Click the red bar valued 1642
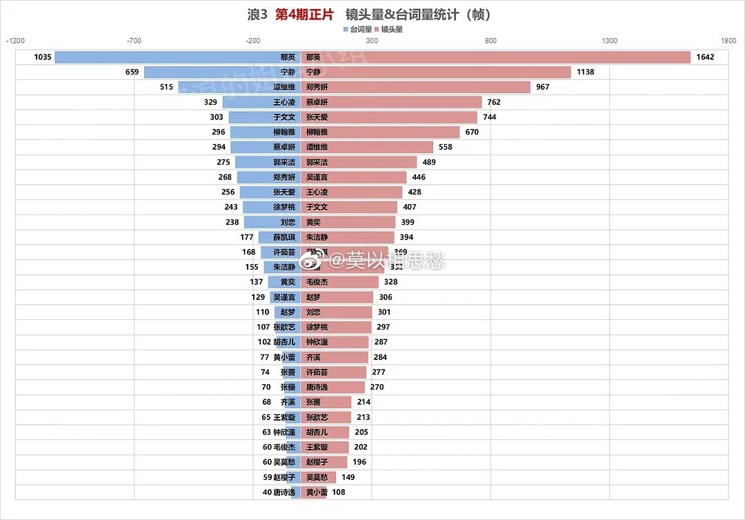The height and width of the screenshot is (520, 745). click(497, 57)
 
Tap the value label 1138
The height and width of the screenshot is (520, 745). click(585, 72)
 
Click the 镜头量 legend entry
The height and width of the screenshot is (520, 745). click(388, 30)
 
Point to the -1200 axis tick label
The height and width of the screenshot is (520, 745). click(15, 41)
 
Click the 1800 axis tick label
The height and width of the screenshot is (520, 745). click(728, 41)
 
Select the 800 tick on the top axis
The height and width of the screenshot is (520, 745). click(490, 41)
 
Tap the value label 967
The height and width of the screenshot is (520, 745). click(542, 88)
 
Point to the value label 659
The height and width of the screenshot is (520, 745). click(132, 72)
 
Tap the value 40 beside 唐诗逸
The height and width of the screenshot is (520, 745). click(267, 492)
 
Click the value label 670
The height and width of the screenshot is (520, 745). click(472, 132)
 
